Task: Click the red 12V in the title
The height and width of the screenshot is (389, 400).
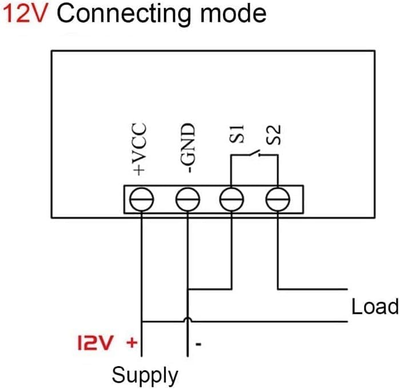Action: (26, 14)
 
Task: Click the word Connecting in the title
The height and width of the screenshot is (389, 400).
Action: (125, 15)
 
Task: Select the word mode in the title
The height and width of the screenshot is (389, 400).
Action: (233, 14)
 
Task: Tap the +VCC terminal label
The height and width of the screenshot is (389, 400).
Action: (139, 149)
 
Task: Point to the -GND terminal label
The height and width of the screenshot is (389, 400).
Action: (187, 148)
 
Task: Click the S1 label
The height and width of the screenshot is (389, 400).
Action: (237, 133)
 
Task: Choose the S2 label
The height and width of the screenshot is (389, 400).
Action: (274, 135)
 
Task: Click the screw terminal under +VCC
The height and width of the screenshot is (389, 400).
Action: (142, 199)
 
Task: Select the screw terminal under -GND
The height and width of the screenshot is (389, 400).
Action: (188, 199)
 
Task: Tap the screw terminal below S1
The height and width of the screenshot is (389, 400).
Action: (231, 199)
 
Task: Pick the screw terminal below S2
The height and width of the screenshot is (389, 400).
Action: (278, 199)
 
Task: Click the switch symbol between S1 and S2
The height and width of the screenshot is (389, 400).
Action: (254, 153)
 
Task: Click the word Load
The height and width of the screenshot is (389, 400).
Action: (375, 306)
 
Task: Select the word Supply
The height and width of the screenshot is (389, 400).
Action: (145, 375)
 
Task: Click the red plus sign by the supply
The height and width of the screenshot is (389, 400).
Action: (132, 343)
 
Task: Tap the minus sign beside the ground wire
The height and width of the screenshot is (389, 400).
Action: (198, 345)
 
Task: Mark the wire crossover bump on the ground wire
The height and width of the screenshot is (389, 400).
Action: (188, 319)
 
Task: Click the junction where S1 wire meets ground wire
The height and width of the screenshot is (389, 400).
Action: (188, 289)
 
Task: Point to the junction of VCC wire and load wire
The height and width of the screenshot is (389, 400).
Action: (142, 322)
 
